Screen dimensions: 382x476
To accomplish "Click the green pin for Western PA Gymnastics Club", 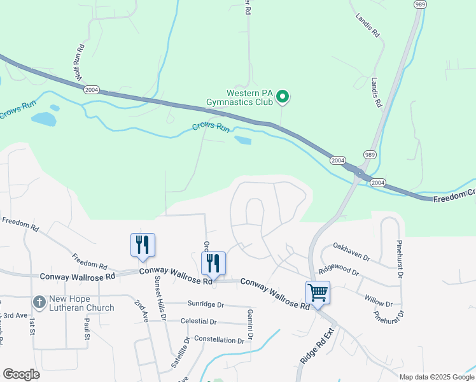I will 282,97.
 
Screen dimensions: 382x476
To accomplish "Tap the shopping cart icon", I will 318,292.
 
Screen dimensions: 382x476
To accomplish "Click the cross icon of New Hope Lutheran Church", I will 39,301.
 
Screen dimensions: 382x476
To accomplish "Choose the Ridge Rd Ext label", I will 310,346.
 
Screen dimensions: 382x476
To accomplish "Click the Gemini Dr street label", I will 251,324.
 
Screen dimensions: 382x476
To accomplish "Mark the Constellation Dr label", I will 219,340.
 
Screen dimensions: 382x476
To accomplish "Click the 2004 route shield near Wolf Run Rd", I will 92,90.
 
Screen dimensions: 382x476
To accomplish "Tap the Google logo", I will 21,374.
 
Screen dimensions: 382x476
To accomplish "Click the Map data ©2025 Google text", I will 436,377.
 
